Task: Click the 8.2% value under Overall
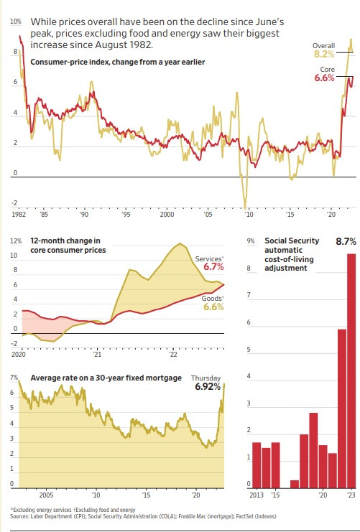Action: tap(324, 54)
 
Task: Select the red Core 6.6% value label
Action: tap(324, 78)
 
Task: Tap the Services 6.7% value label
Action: tap(213, 266)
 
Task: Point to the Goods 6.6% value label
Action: tap(213, 307)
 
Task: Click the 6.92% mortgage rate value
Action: tap(209, 387)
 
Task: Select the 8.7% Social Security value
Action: tap(341, 243)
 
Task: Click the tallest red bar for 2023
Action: tap(351, 370)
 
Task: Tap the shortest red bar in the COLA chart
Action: tap(295, 483)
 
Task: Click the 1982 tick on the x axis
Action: tap(19, 215)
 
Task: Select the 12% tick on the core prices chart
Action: tap(15, 241)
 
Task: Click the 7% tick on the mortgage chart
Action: tap(14, 378)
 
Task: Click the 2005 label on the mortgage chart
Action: tap(47, 495)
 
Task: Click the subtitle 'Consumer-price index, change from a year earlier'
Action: tap(118, 62)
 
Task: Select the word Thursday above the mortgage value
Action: tap(206, 378)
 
